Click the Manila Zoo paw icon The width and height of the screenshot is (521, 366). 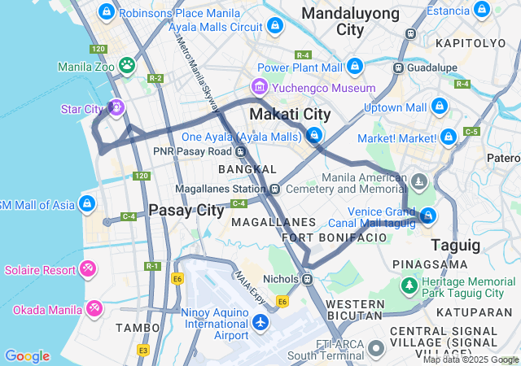tap(127, 64)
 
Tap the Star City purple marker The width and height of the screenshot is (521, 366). tap(116, 107)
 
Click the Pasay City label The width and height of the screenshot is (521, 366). tap(186, 210)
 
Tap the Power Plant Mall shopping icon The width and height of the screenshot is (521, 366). tap(355, 66)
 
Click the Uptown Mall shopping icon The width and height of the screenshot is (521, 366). tap(439, 106)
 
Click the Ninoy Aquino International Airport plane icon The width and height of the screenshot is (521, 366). tap(260, 323)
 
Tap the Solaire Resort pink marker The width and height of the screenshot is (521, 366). tap(87, 268)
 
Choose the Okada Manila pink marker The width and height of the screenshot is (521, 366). tap(94, 307)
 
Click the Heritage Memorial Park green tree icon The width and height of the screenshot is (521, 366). tap(409, 285)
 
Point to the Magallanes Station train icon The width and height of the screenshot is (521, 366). tap(275, 189)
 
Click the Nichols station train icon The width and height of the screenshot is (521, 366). tap(307, 279)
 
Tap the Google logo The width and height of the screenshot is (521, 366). tap(27, 356)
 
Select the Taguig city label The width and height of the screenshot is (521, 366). tap(456, 245)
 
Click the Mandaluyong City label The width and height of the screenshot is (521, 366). tap(351, 21)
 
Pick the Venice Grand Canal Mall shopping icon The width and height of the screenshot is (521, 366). tap(428, 216)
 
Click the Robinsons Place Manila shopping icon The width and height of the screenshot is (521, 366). tap(106, 11)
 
